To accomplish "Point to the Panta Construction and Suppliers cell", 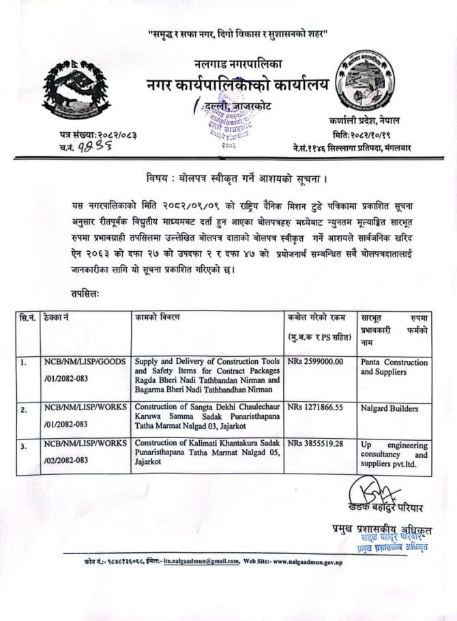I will tap(394, 366).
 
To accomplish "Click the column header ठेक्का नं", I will tap(55, 318).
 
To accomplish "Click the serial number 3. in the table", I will tap(24, 445).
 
